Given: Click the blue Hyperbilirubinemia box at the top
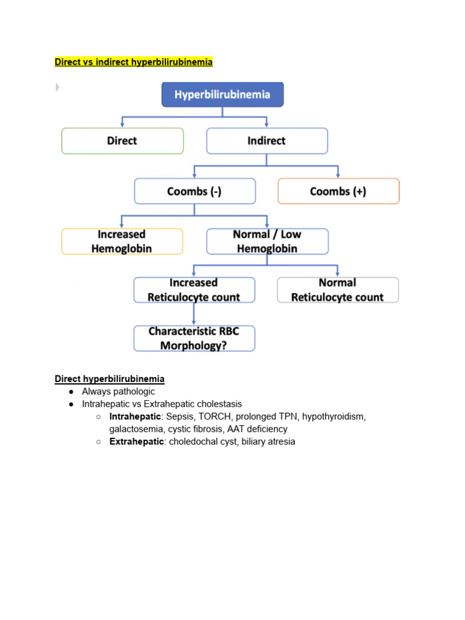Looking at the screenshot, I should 222,94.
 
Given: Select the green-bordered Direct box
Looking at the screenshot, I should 122,140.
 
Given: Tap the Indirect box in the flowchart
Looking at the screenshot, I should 267,140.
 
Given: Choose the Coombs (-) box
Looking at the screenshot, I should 194,191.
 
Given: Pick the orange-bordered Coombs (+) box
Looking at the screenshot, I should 338,191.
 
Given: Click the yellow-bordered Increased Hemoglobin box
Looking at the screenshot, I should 122,242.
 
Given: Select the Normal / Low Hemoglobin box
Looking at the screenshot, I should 267,242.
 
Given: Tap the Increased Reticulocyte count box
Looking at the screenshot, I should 194,290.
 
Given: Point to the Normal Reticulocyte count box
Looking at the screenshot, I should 338,290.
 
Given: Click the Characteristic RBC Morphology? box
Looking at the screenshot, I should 194,338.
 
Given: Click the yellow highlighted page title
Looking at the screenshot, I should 134,62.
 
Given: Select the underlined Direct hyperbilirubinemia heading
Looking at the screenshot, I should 110,378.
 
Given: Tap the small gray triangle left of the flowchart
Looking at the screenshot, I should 58,87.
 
